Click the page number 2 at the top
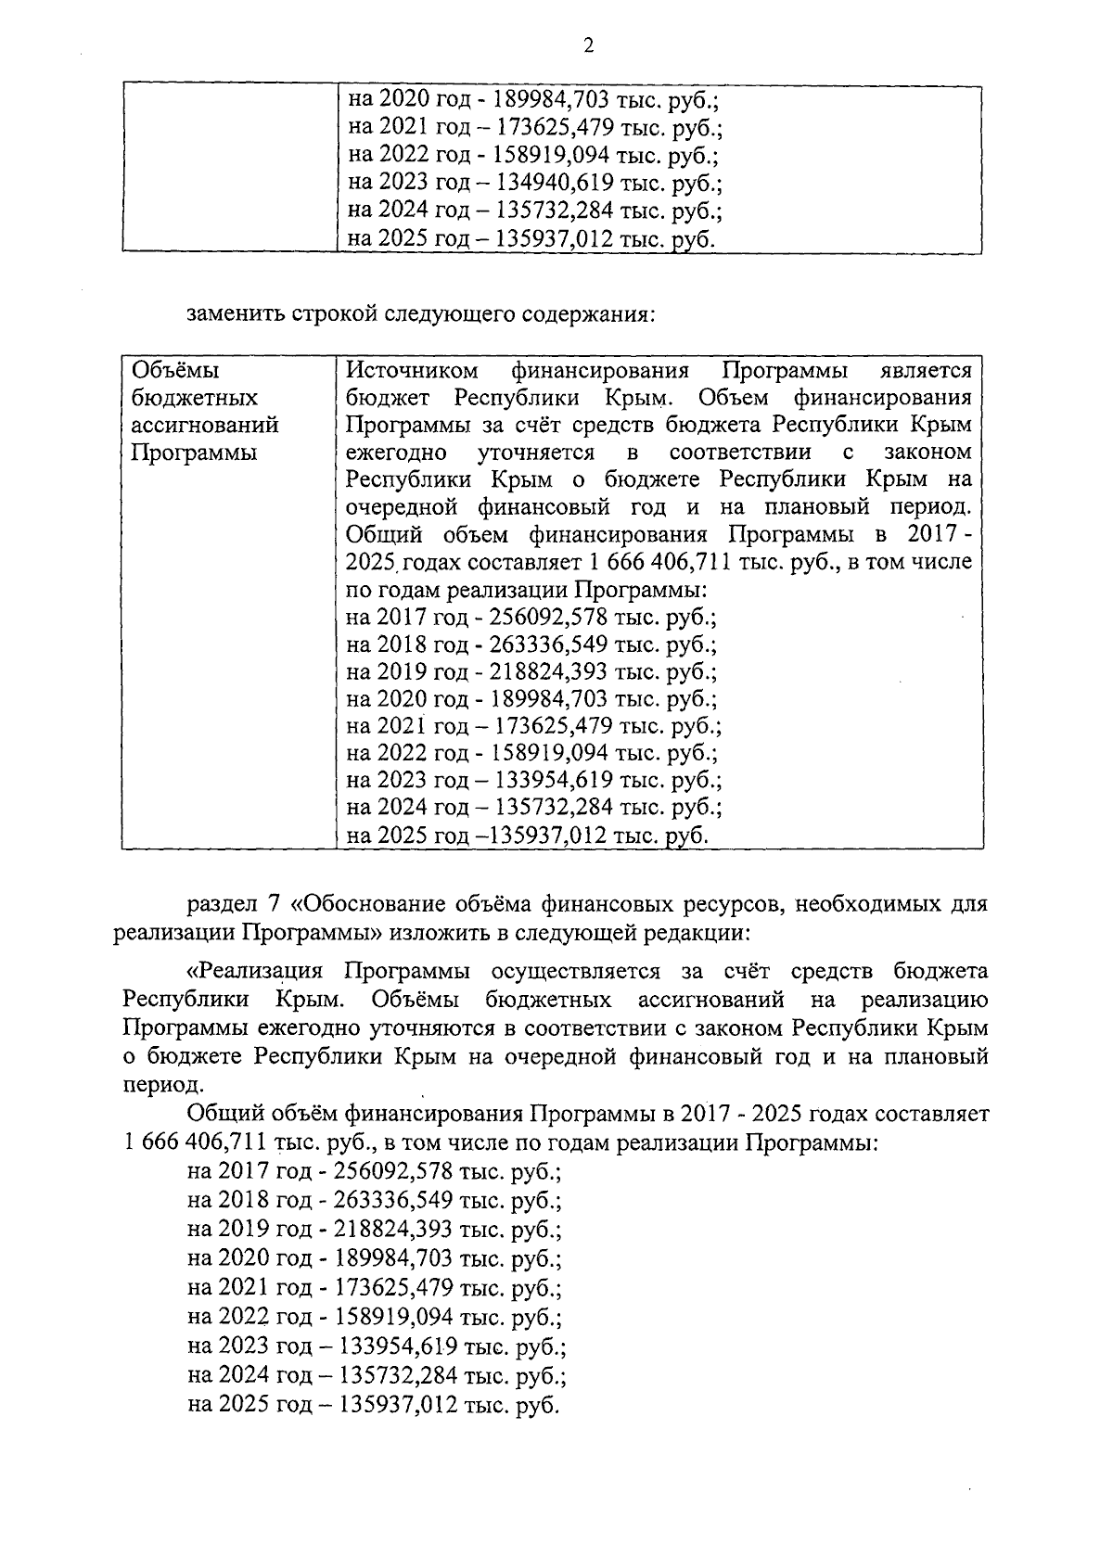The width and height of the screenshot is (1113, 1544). (589, 47)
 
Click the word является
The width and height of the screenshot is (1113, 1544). (926, 371)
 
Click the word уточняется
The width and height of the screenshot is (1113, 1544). (536, 453)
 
